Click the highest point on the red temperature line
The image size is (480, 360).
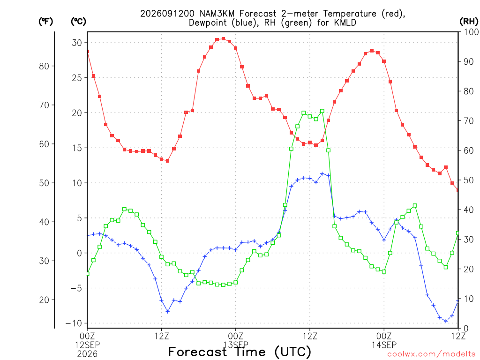pyautogui.click(x=224, y=39)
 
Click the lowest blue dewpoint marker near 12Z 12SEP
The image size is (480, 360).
pyautogui.click(x=167, y=311)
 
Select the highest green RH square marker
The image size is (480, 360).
pyautogui.click(x=322, y=111)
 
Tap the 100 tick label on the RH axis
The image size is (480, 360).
pyautogui.click(x=471, y=32)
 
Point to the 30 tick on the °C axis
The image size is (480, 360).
pyautogui.click(x=77, y=43)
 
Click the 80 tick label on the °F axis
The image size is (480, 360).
pyautogui.click(x=44, y=66)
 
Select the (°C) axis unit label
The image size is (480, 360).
pyautogui.click(x=78, y=22)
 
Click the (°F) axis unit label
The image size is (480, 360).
pyautogui.click(x=45, y=22)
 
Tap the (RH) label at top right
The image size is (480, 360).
pyautogui.click(x=469, y=22)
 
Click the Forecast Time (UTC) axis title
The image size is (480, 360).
pyautogui.click(x=240, y=352)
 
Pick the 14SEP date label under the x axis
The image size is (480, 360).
pyautogui.click(x=384, y=345)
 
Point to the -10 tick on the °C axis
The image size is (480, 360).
pyautogui.click(x=74, y=323)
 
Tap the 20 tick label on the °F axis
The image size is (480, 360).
pyautogui.click(x=44, y=300)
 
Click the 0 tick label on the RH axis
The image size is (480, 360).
pyautogui.click(x=466, y=329)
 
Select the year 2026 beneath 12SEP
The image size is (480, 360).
pyautogui.click(x=87, y=354)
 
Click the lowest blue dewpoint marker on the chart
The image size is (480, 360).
pyautogui.click(x=446, y=321)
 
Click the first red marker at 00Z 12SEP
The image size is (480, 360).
pyautogui.click(x=88, y=52)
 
